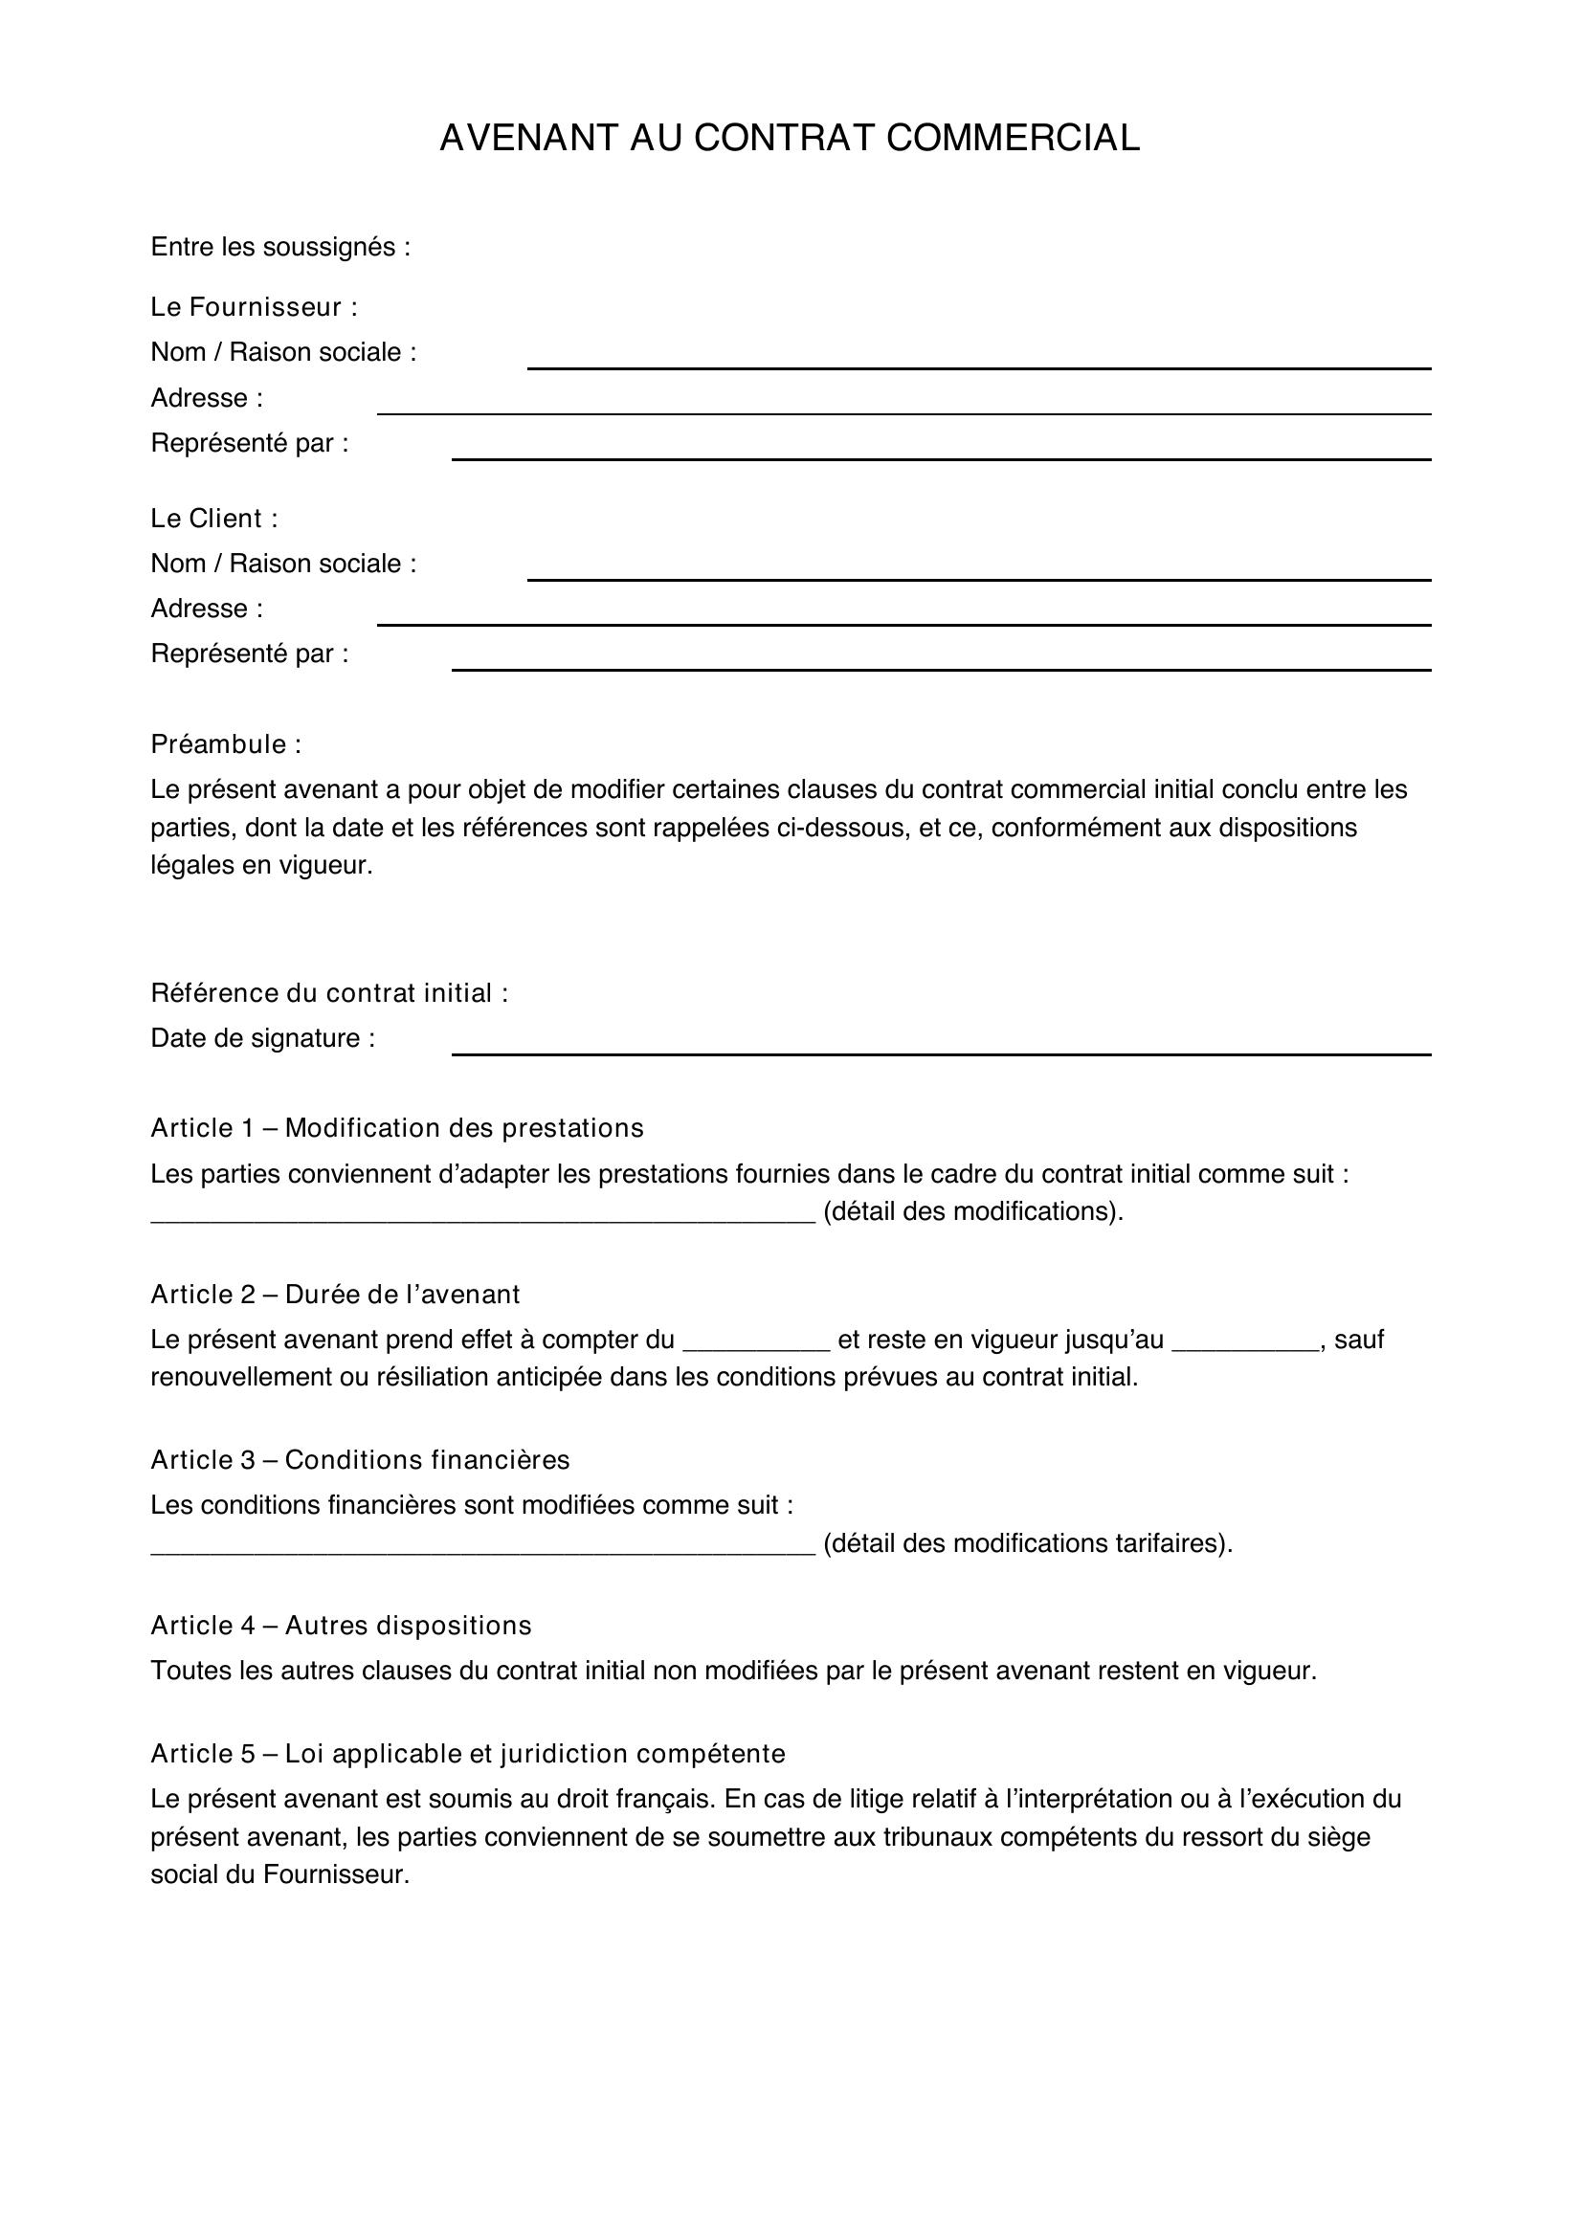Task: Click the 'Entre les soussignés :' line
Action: click(279, 248)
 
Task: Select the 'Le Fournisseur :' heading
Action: click(254, 307)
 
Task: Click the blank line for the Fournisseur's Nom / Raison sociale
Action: click(978, 365)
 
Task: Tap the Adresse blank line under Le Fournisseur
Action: click(903, 410)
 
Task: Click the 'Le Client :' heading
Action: click(213, 519)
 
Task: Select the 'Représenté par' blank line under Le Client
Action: click(940, 666)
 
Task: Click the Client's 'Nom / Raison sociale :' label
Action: click(282, 564)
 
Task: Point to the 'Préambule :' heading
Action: click(225, 744)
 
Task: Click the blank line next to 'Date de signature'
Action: click(940, 1050)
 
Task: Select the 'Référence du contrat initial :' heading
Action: click(328, 993)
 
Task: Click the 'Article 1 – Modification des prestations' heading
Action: click(397, 1128)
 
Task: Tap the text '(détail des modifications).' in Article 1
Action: click(972, 1211)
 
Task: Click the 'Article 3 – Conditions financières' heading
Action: click(360, 1459)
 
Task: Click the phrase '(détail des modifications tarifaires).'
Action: click(1027, 1543)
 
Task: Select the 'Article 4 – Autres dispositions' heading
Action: click(340, 1625)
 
